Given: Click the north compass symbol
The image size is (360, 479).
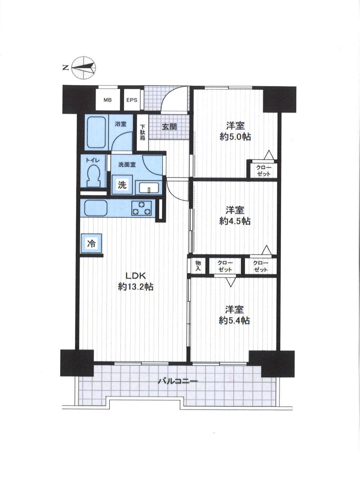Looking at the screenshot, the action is pos(84,68).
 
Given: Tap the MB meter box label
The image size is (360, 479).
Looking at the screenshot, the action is pos(107,100).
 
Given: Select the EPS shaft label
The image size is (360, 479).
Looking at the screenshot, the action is pos(132,100).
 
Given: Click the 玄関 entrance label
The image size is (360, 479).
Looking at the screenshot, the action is pos(169,127).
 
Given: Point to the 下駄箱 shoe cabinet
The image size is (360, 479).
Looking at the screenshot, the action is pos(142,133).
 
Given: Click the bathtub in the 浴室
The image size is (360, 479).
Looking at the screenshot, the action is pos(97,133).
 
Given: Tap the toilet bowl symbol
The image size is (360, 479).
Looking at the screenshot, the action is pos(94,176).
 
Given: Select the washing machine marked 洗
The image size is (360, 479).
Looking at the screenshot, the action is pos(122,185).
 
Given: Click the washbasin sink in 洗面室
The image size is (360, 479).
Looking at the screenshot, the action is pos(149,188).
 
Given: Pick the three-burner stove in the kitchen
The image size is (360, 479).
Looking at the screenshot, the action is pos(141,208).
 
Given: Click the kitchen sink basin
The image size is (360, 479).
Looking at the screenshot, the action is pos(96,208).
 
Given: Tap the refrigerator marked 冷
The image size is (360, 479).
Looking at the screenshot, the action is pos(92,243).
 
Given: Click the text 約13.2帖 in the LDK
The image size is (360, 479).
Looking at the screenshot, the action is pos(135,287).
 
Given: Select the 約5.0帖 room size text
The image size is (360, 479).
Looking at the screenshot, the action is pos(235,137).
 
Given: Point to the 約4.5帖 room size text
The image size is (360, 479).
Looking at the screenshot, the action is pos(235,221).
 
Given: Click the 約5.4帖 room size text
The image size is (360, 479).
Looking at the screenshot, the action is pos(234,320).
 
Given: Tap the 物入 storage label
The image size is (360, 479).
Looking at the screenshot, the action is pos(198,266).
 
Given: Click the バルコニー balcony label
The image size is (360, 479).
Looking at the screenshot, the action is pos(178,381).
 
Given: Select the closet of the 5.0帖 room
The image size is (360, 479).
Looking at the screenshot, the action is pos(263,170).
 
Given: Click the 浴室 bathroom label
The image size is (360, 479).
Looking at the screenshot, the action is pos(121,124).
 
